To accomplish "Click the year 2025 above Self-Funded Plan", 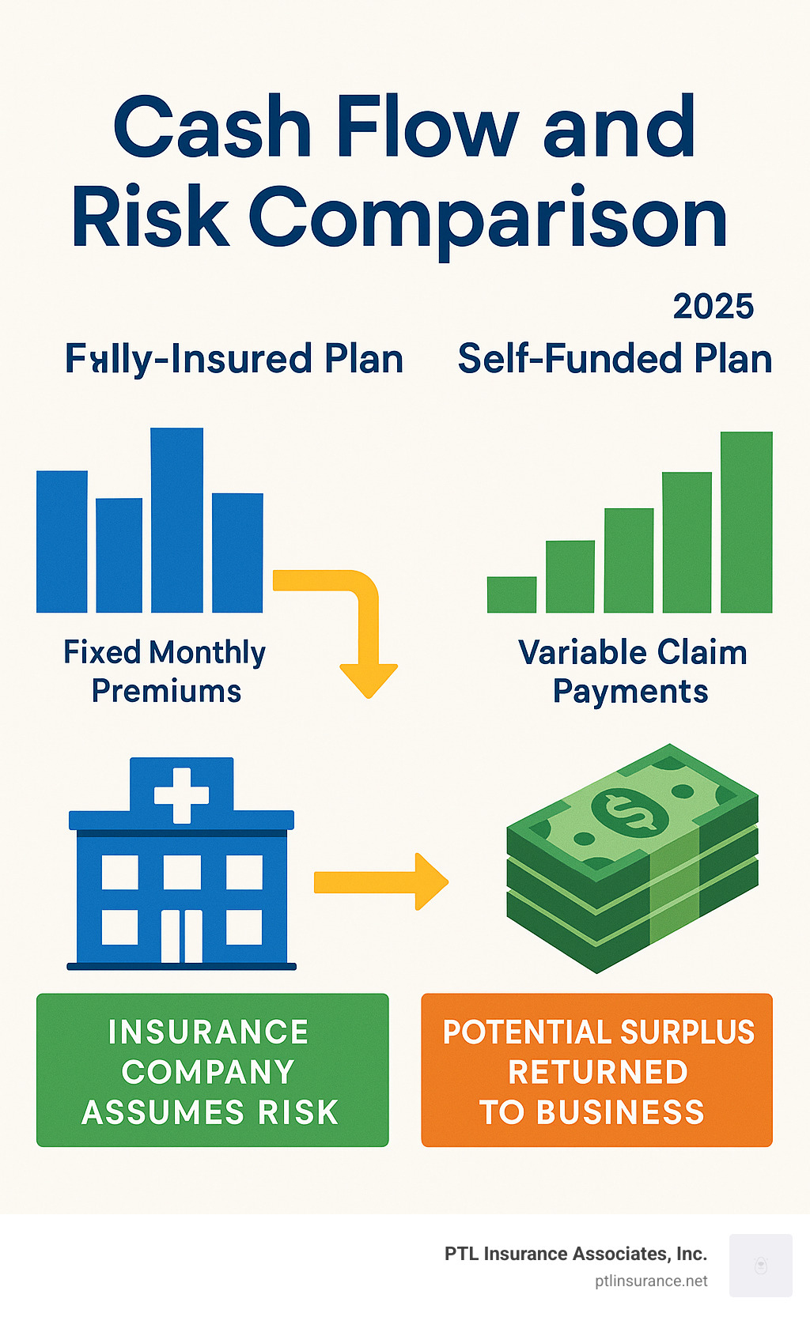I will click(713, 307).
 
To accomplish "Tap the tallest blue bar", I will click(176, 520).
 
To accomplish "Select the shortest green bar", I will click(512, 594).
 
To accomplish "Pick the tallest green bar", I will click(747, 522).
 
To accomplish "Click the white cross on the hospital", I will click(181, 794).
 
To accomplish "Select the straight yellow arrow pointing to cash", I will click(380, 881).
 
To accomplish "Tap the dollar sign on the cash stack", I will click(630, 811).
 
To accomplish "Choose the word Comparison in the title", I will click(488, 217).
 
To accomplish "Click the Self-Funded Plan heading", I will click(615, 359).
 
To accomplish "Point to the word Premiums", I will click(166, 691).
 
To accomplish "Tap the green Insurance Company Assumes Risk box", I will click(212, 1070).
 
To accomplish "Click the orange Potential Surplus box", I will click(596, 1070).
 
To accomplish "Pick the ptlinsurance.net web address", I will click(651, 1281).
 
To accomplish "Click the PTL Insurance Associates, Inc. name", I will click(575, 1254).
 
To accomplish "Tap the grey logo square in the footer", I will click(760, 1265).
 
